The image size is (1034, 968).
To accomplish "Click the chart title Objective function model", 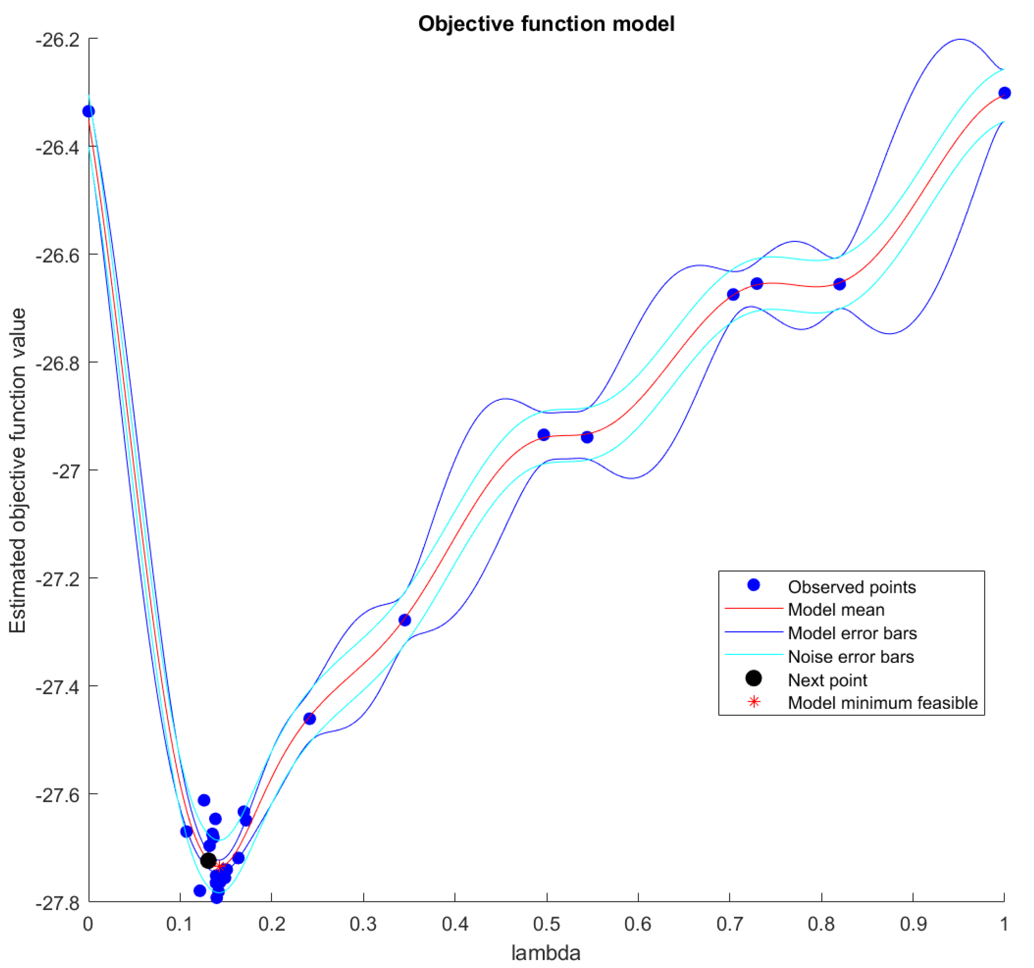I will pos(546,24).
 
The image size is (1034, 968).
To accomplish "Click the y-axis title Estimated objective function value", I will pos(18,470).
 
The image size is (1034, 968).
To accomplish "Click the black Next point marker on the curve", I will pos(208,861).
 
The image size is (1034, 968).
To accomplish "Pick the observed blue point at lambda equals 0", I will pos(89,111).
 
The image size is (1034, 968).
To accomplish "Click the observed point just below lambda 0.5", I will pos(543,434).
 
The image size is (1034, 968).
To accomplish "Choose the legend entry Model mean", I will pos(836,610).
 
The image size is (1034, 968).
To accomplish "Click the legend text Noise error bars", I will pos(850,657).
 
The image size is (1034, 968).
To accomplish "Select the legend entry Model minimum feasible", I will pos(882,703).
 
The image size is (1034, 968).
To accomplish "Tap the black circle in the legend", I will pos(754,678).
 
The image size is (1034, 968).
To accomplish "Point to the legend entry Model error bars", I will pos(852,633).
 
